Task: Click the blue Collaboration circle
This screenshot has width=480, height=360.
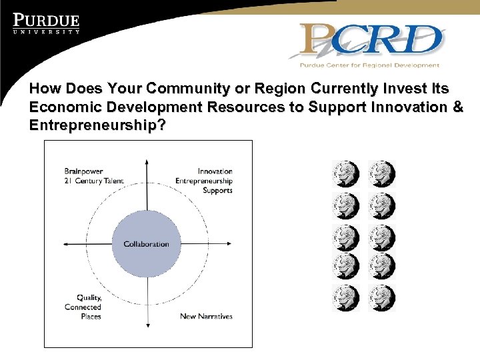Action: click(146, 243)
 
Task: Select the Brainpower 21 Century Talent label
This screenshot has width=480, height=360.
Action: click(94, 176)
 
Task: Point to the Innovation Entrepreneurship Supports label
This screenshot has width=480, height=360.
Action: click(205, 181)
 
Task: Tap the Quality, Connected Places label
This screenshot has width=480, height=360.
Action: click(83, 307)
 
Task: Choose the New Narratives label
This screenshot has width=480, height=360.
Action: click(206, 316)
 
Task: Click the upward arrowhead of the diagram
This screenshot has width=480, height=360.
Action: click(147, 162)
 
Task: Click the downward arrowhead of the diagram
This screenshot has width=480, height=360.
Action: click(147, 325)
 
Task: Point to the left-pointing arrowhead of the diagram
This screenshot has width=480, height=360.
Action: click(65, 243)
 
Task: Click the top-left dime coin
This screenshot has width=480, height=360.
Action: click(345, 174)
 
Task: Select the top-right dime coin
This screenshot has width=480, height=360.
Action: click(382, 174)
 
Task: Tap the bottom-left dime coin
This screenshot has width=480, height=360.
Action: click(345, 298)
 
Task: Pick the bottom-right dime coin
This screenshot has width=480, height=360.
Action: click(382, 298)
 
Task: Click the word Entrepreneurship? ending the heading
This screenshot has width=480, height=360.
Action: click(98, 126)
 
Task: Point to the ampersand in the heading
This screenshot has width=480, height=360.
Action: click(457, 107)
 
